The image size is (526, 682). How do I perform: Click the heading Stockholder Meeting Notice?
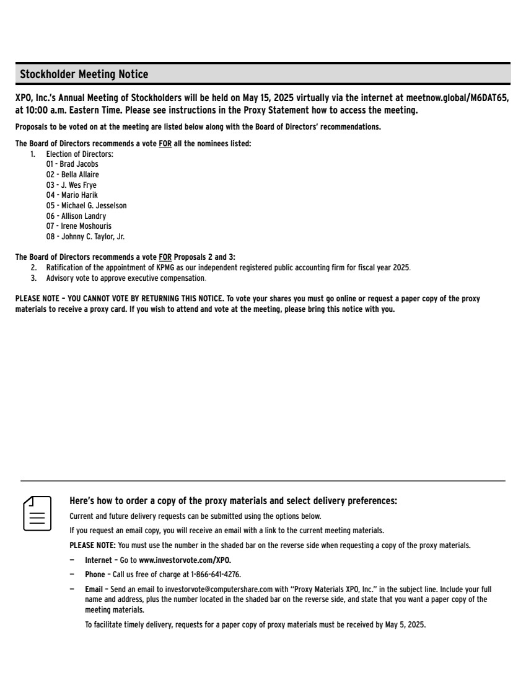84,74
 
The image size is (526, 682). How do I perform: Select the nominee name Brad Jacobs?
79,164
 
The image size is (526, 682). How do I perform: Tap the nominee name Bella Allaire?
80,175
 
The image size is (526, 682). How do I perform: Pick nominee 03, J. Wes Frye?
79,185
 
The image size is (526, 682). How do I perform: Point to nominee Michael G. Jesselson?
94,205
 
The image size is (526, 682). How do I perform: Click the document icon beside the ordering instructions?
37,513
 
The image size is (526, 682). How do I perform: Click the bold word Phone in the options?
95,575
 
